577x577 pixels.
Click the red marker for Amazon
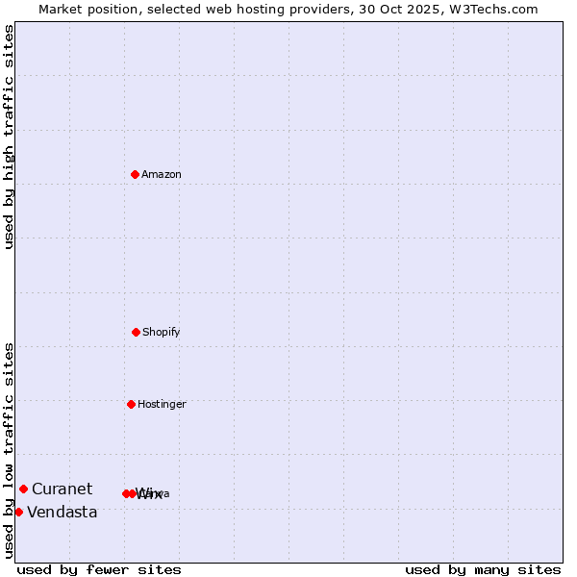point(135,174)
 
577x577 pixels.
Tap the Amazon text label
point(162,175)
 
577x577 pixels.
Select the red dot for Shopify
point(136,332)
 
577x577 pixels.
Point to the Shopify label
point(162,333)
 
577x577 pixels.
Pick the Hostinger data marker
point(131,404)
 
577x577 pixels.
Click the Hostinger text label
point(162,405)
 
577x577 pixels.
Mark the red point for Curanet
point(23,489)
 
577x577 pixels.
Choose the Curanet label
point(63,489)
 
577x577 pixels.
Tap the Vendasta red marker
point(18,512)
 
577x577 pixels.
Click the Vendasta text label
point(63,513)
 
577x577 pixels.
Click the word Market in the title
point(62,9)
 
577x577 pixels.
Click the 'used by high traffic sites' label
point(9,137)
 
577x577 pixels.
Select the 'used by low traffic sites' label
point(9,449)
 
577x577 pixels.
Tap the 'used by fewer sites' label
point(99,569)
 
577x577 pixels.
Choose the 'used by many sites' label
point(483,569)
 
